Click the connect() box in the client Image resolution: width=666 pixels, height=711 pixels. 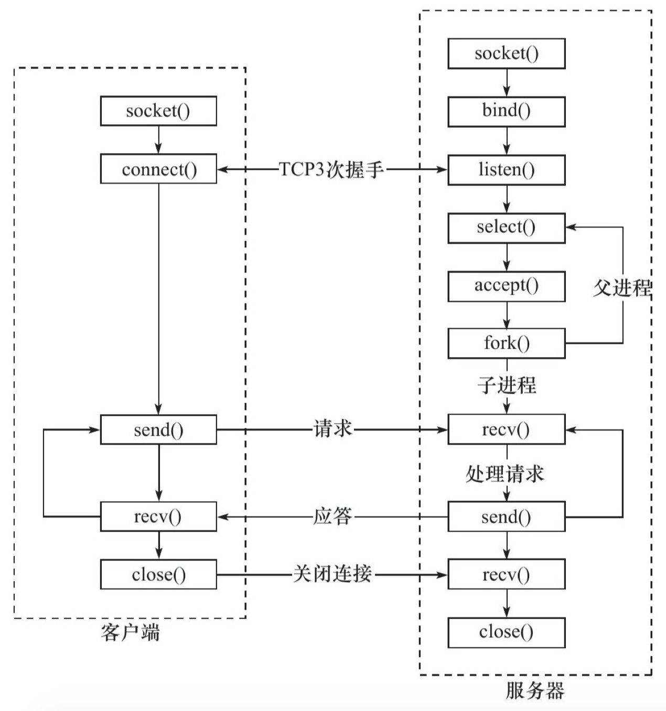tap(158, 169)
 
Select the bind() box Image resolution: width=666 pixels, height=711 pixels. tap(507, 111)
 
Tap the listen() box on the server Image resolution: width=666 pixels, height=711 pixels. tap(507, 170)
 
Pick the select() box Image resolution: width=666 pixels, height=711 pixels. tap(507, 228)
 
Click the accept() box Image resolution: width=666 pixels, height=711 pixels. tap(507, 286)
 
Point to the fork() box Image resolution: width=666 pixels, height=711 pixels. tap(507, 343)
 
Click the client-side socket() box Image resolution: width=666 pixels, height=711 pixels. tap(158, 111)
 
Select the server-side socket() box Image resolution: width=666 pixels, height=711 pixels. tap(507, 53)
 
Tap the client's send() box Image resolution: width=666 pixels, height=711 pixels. tap(158, 429)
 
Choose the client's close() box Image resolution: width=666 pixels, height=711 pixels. tap(158, 574)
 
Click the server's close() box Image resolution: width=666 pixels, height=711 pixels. tap(507, 632)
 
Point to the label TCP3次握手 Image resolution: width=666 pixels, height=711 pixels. tap(331, 169)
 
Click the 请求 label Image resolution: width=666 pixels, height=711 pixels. tap(332, 428)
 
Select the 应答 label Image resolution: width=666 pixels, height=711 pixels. tap(332, 516)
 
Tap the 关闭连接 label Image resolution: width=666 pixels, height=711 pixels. tap(332, 574)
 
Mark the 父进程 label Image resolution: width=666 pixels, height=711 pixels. tap(622, 287)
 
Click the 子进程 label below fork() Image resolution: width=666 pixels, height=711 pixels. tap(507, 385)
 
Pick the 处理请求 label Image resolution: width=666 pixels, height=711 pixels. tap(505, 473)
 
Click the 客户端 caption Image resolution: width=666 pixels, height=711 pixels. tap(130, 632)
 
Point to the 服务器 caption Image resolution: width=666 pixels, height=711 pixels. tap(535, 691)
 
